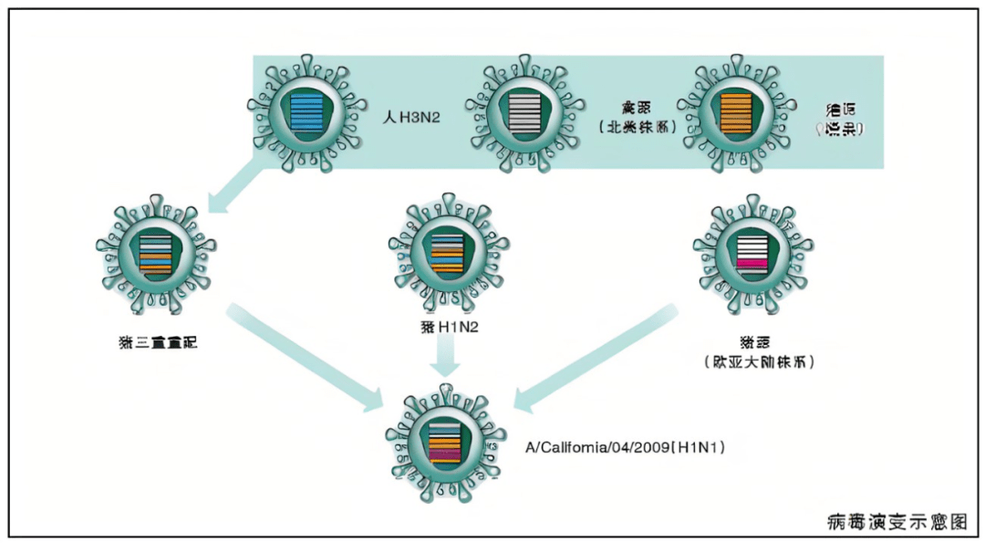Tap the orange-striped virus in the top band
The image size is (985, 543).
point(734,113)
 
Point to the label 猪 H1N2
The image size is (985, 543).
point(446,326)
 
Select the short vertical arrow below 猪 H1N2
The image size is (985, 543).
point(446,357)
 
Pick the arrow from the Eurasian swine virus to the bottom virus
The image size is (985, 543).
point(597,357)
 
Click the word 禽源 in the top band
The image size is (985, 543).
point(638,105)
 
